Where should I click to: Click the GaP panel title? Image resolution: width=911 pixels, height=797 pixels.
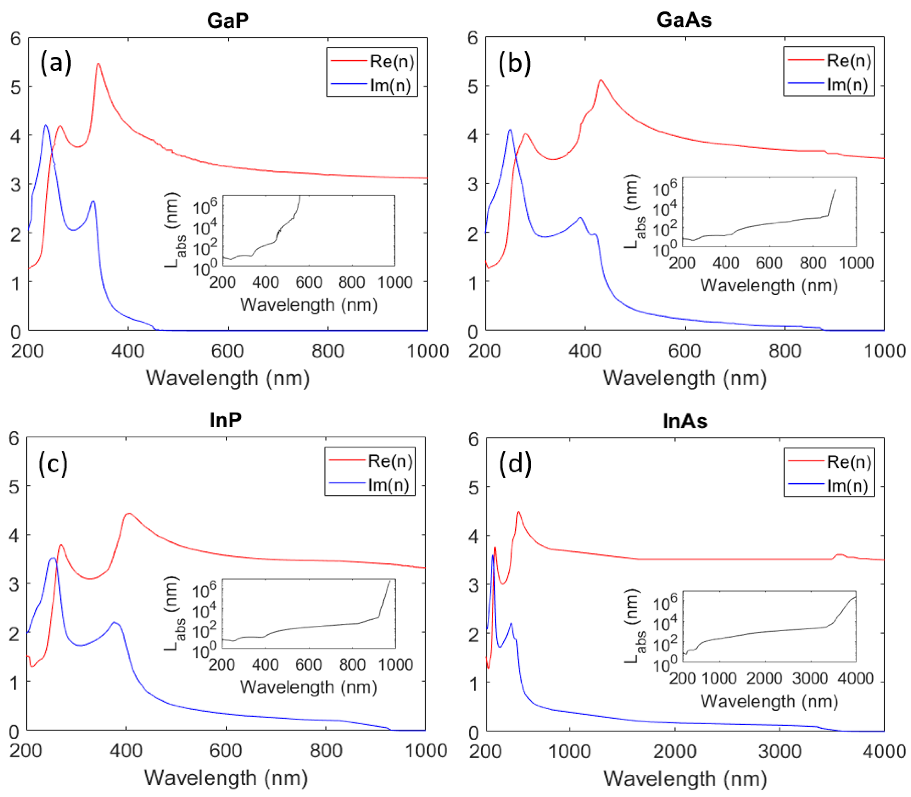click(x=227, y=20)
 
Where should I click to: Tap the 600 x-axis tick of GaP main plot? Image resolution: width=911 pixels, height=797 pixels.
click(x=227, y=351)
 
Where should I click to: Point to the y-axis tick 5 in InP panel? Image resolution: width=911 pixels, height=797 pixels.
click(x=14, y=487)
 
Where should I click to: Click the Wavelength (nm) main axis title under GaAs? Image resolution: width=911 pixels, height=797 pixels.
click(x=684, y=378)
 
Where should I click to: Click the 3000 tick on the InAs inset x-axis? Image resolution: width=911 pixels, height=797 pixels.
click(x=810, y=678)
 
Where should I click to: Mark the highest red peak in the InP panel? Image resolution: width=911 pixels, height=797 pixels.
click(x=129, y=514)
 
